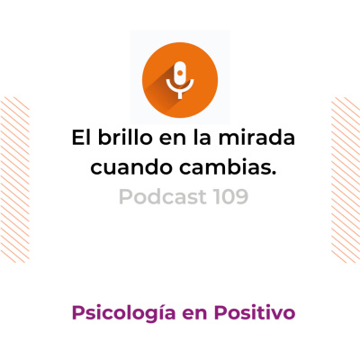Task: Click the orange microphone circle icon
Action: click(x=180, y=73)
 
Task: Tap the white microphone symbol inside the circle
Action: click(x=180, y=77)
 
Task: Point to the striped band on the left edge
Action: click(x=13, y=180)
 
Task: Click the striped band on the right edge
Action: click(x=346, y=180)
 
